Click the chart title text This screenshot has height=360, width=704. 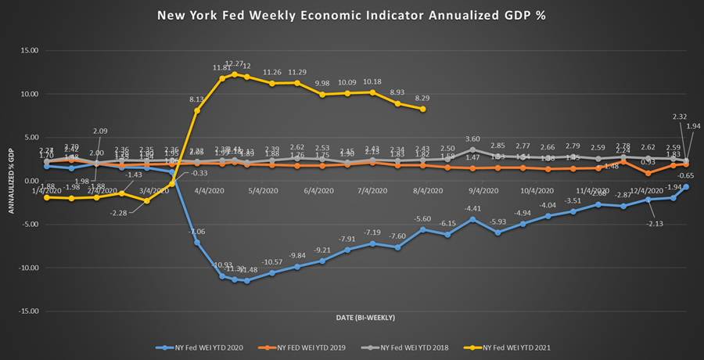(x=352, y=15)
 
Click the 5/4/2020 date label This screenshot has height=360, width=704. (x=263, y=190)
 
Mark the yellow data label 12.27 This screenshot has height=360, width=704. (x=234, y=63)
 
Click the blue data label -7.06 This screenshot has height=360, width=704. (x=196, y=232)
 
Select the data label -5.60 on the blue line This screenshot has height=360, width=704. (x=423, y=218)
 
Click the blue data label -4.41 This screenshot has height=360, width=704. (x=472, y=208)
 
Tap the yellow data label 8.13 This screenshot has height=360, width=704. (x=197, y=99)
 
